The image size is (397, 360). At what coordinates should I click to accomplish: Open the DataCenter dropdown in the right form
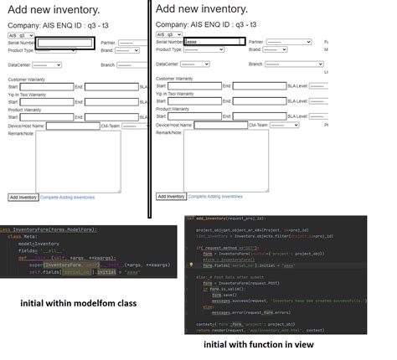[194, 64]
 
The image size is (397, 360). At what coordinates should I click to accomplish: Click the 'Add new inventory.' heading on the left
[54, 10]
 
